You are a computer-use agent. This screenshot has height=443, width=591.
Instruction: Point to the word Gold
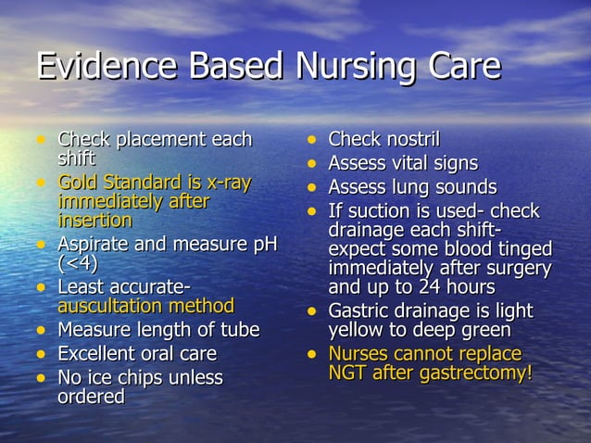click(x=78, y=183)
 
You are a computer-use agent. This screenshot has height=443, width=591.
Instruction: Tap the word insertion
click(x=94, y=221)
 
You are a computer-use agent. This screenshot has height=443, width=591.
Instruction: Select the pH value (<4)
click(x=78, y=263)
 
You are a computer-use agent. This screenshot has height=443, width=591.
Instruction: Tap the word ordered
click(x=91, y=397)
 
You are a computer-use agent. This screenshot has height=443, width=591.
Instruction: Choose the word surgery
click(x=515, y=269)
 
